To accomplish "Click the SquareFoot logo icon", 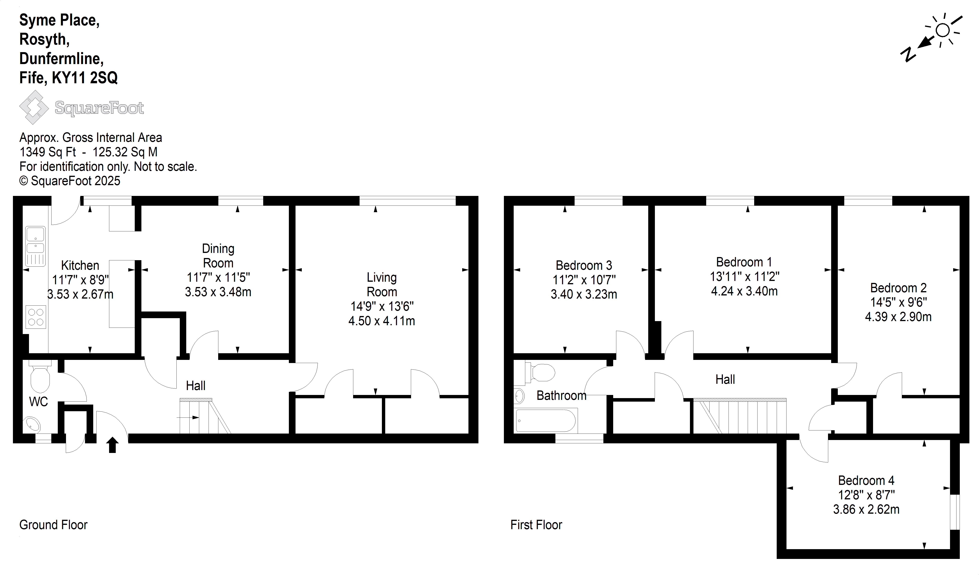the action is (34, 107).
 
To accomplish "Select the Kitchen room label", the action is (80, 265).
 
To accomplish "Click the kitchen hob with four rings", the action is (36, 317).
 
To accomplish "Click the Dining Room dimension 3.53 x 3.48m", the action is (218, 292).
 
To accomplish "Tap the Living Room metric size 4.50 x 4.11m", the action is (381, 321).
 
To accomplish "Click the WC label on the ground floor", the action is (38, 402).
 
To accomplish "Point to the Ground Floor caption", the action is (53, 525).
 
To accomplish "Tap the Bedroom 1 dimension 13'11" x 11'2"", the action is (744, 277).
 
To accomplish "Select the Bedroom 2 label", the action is (898, 288).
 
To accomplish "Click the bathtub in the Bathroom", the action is (546, 420).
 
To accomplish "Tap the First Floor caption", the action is (536, 525).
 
